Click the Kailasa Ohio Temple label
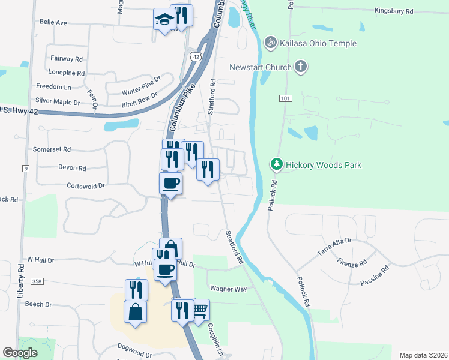point(318,43)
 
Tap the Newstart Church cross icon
point(301,67)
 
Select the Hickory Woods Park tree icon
point(276,164)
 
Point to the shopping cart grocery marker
point(200,310)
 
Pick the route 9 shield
point(25,169)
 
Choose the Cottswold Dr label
point(86,186)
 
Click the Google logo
point(20,353)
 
